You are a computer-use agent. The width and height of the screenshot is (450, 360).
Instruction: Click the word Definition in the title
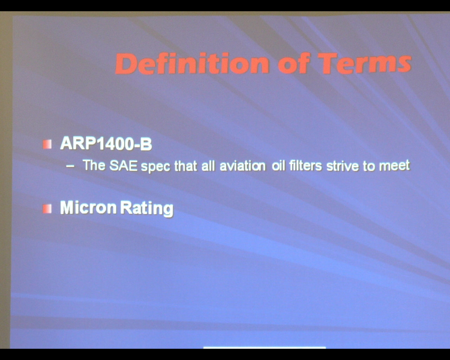pyautogui.click(x=192, y=63)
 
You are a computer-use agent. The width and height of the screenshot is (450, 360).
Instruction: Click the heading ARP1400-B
pyautogui.click(x=106, y=143)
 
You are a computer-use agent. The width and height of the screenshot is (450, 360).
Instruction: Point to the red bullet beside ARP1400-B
pyautogui.click(x=47, y=144)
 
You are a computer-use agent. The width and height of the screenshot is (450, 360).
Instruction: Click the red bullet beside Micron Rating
pyautogui.click(x=47, y=209)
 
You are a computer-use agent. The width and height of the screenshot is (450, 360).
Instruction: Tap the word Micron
pyautogui.click(x=88, y=207)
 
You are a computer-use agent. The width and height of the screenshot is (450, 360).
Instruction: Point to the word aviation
pyautogui.click(x=243, y=166)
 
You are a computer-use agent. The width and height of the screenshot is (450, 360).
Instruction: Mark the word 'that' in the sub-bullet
pyautogui.click(x=186, y=166)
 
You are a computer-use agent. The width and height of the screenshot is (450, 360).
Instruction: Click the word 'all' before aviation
pyautogui.click(x=208, y=166)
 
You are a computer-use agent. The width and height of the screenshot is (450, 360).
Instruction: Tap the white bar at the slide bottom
pyautogui.click(x=264, y=347)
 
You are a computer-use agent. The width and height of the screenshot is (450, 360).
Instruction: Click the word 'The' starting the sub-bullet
pyautogui.click(x=94, y=166)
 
